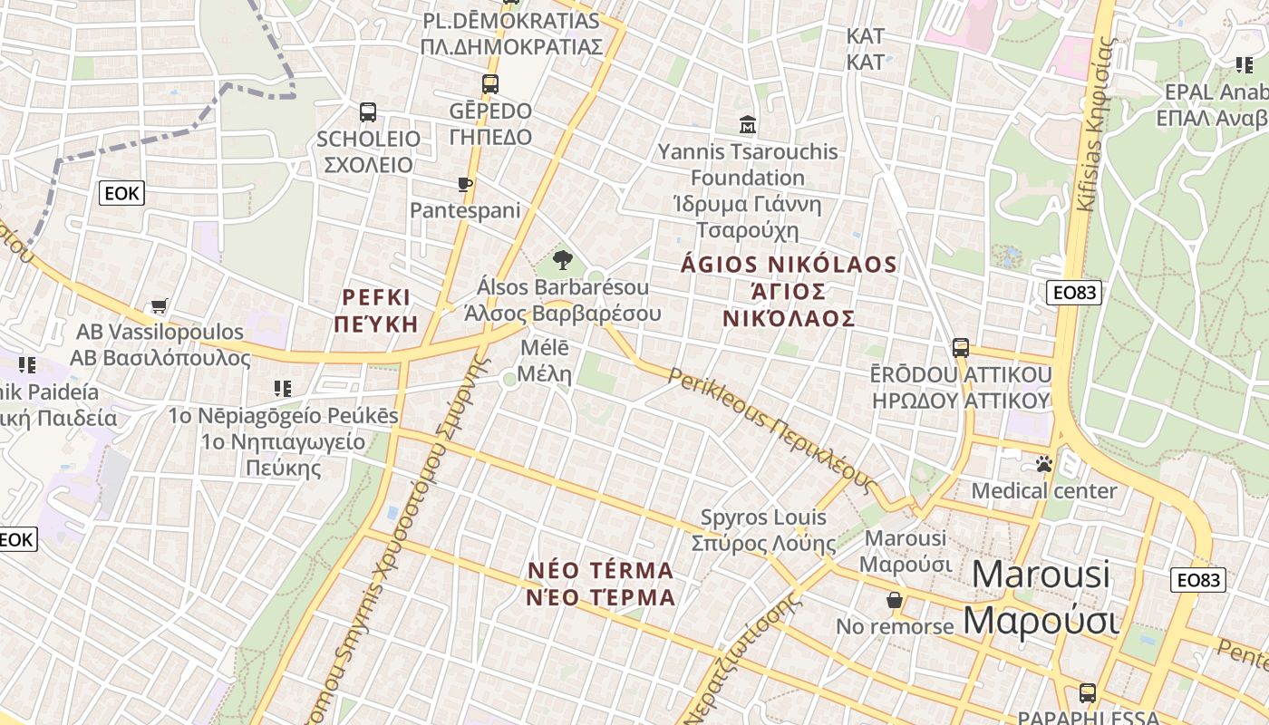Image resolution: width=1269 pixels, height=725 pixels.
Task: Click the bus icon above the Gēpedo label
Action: tap(490, 84)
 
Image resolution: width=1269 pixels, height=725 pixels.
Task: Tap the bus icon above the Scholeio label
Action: tap(368, 112)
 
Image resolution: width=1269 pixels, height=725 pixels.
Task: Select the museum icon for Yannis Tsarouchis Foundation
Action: tap(748, 124)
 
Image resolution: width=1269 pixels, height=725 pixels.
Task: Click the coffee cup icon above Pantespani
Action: tap(465, 185)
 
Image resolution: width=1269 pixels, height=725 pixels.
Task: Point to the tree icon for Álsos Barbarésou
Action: tap(563, 261)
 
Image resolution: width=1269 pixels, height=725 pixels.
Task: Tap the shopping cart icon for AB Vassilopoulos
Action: tap(160, 306)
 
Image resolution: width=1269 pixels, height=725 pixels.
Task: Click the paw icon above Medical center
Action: tap(1044, 464)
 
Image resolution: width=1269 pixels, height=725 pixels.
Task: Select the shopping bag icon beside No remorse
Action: tap(895, 600)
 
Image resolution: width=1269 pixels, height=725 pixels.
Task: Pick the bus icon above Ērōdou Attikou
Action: tap(961, 347)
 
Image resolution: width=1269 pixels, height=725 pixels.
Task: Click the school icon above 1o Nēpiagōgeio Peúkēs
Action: tap(283, 389)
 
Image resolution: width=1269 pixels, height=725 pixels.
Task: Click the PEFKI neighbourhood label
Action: tap(376, 310)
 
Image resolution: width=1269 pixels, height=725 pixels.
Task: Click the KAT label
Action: tap(865, 49)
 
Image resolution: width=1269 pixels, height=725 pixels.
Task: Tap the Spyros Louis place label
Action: tap(763, 530)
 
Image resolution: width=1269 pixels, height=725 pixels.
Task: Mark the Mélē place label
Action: tap(545, 361)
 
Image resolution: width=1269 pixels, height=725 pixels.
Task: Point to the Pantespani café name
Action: tap(465, 210)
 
